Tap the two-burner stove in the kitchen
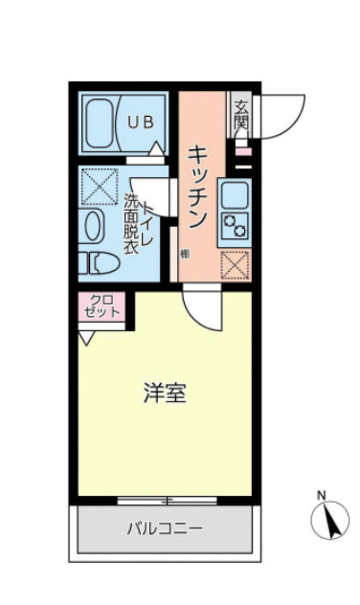click(x=236, y=227)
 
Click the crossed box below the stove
click(x=236, y=263)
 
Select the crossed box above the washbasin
click(x=98, y=186)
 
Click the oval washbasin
click(x=94, y=227)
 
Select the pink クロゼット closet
click(x=101, y=307)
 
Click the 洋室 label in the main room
click(x=164, y=392)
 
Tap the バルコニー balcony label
click(x=164, y=527)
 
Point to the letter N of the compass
click(x=323, y=494)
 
